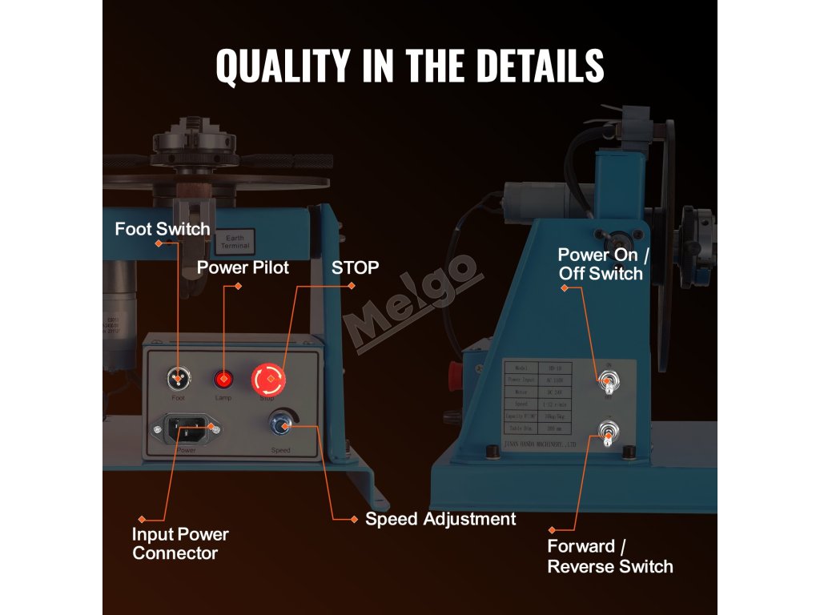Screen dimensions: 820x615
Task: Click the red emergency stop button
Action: pyautogui.click(x=268, y=379)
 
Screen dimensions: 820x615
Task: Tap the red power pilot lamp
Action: pyautogui.click(x=223, y=380)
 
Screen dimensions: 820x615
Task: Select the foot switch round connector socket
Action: pyautogui.click(x=178, y=379)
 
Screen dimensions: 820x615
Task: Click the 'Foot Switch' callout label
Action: pyautogui.click(x=163, y=229)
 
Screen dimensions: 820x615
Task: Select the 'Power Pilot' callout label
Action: pyautogui.click(x=243, y=267)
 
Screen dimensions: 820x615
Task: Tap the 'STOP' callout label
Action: pyautogui.click(x=355, y=267)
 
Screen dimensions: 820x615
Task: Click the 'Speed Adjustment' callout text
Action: pyautogui.click(x=440, y=519)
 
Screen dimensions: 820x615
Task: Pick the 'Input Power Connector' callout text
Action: pyautogui.click(x=180, y=544)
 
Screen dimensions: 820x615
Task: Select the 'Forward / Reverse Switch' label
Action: pyautogui.click(x=609, y=557)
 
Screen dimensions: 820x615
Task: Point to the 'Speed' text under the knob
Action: pyautogui.click(x=280, y=450)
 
